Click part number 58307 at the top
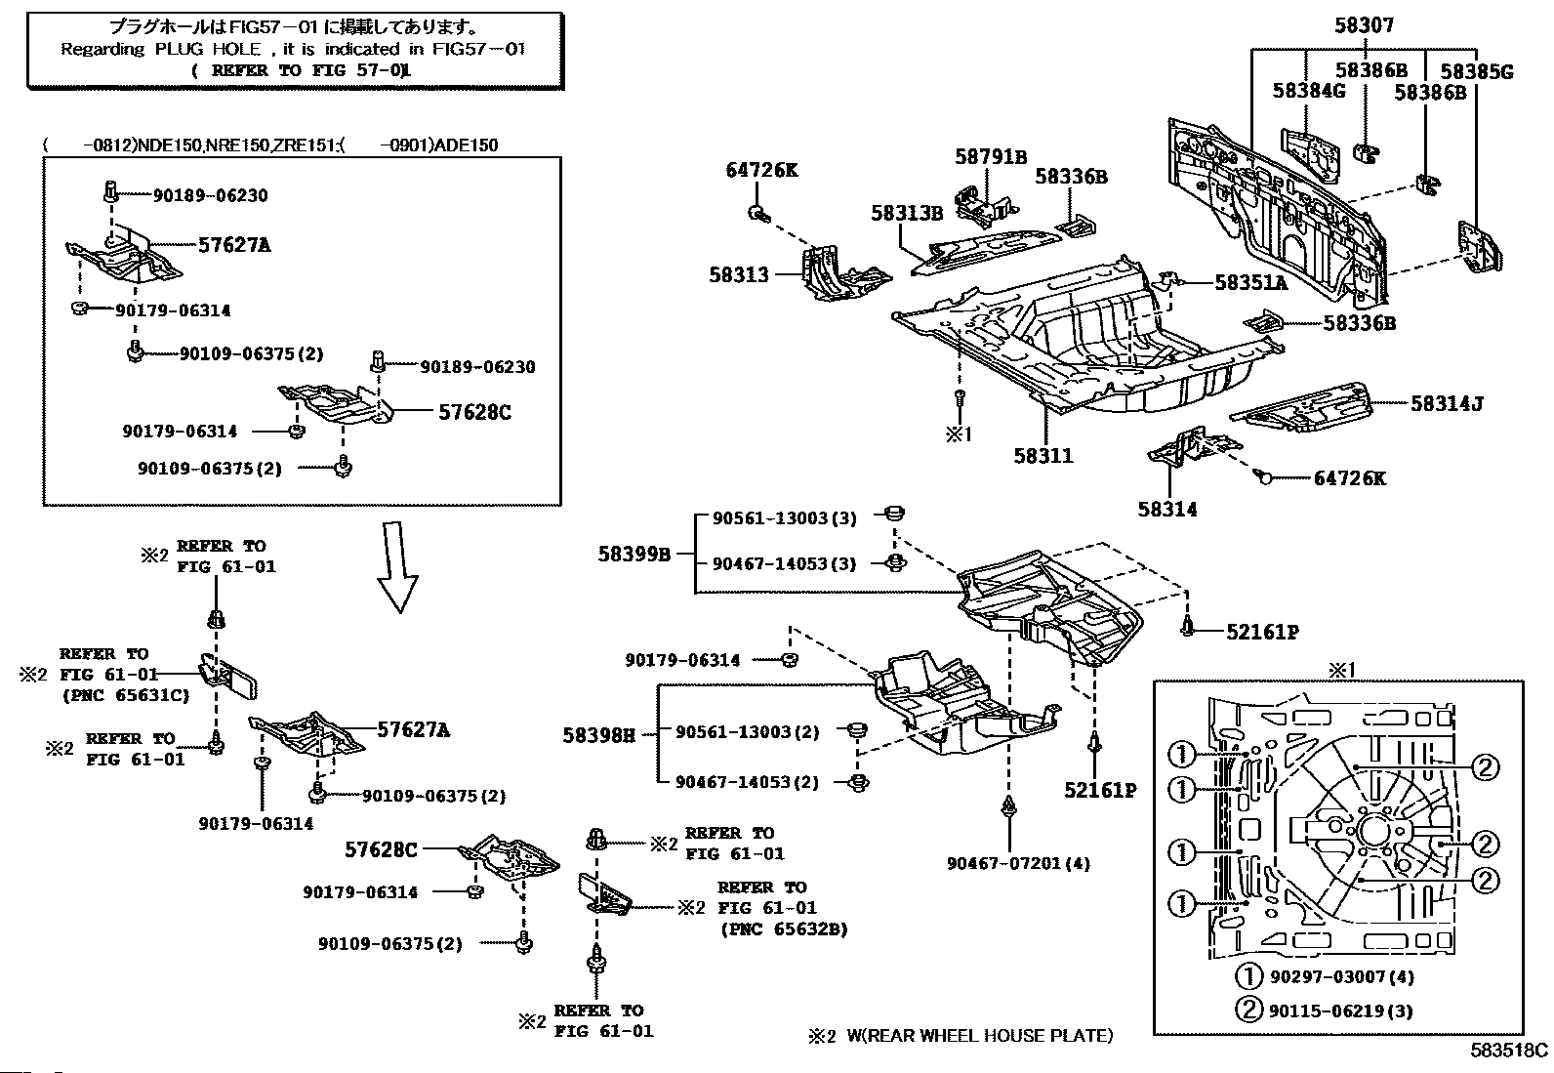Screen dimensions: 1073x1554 (1364, 26)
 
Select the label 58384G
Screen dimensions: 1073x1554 (1309, 91)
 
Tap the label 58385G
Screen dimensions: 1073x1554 (1477, 71)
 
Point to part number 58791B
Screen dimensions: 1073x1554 (991, 157)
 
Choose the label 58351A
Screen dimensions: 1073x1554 (1251, 283)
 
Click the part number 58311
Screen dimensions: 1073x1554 (1043, 455)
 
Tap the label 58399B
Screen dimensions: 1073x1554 (634, 554)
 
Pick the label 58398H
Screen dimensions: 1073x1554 (598, 734)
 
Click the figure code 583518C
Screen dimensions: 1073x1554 (1509, 1051)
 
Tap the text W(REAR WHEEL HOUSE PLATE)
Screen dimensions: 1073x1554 (979, 1036)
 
